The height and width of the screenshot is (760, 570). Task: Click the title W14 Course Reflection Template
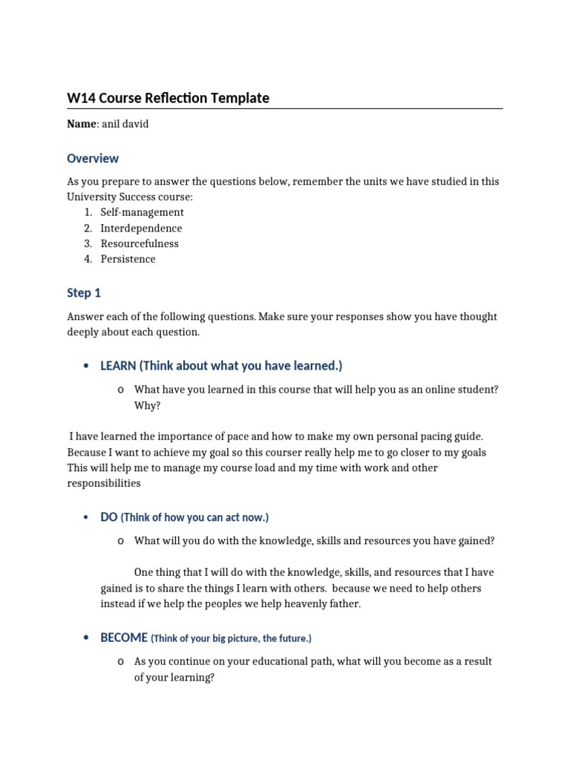pos(168,98)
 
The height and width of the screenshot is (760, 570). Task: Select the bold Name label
pos(81,124)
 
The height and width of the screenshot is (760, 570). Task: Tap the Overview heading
pos(93,158)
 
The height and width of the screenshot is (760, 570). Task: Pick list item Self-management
pos(142,212)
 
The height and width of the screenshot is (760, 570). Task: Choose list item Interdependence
pos(141,228)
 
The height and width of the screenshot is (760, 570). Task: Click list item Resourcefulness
pos(140,243)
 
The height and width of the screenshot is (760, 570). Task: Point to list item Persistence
pos(128,259)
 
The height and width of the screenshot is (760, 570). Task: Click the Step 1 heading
pos(84,293)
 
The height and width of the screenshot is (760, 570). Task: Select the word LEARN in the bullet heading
pos(118,366)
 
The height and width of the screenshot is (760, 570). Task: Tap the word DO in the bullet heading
pos(109,517)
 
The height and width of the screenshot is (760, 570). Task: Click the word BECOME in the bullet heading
pos(124,638)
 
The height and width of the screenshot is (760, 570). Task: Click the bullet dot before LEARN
pos(87,366)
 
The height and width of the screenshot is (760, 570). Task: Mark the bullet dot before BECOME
pos(87,638)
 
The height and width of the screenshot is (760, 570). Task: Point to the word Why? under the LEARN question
pos(147,406)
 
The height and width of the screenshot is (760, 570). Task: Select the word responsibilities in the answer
pos(104,483)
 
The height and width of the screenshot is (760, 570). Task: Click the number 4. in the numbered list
pos(88,259)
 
